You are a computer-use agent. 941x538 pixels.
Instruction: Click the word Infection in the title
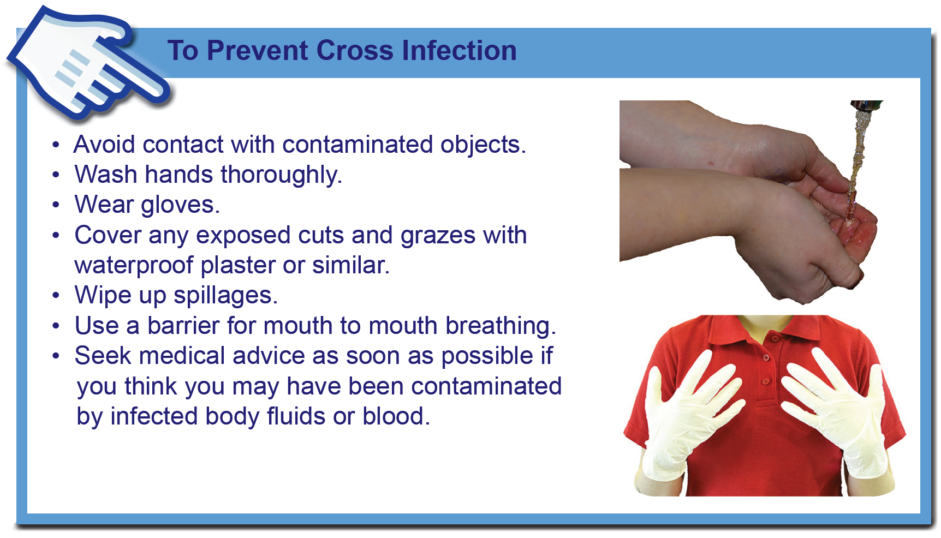click(459, 51)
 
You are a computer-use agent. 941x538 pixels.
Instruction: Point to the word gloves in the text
click(180, 206)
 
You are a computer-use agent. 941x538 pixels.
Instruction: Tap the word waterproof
click(134, 266)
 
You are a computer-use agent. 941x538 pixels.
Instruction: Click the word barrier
click(183, 326)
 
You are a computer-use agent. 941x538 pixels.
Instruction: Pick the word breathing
click(501, 326)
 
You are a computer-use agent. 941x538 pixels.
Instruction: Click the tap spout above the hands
click(867, 105)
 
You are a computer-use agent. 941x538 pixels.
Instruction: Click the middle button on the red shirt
click(766, 358)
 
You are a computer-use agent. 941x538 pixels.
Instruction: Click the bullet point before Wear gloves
click(56, 205)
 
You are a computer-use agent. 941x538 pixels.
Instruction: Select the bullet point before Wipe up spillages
click(56, 296)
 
